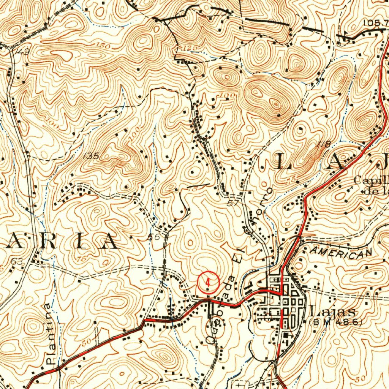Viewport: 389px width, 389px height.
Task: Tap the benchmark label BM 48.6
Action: (x=336, y=322)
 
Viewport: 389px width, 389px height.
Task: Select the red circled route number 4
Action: (x=208, y=282)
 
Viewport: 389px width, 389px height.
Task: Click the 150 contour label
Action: (x=103, y=46)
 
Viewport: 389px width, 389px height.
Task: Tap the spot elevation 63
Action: (x=17, y=261)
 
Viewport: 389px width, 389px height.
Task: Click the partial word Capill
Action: (x=370, y=180)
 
